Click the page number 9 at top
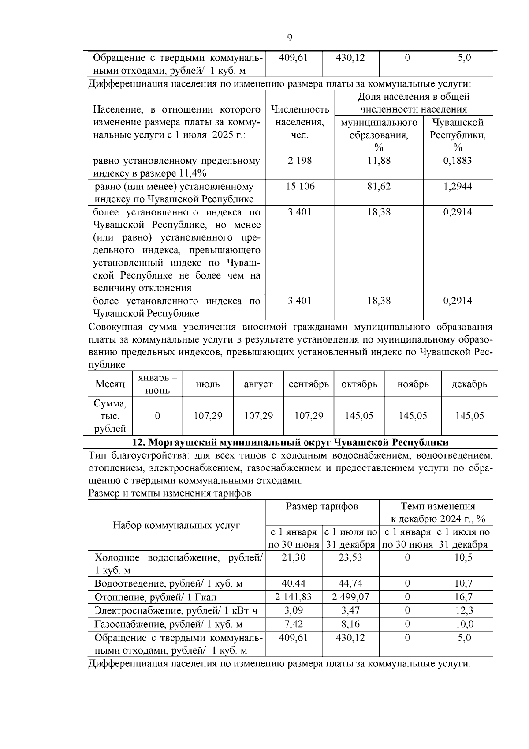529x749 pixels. [x=290, y=38]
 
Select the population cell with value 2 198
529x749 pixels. [x=300, y=161]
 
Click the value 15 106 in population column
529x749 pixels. [x=300, y=186]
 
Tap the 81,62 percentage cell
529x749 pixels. [x=379, y=186]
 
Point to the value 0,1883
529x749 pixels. [x=457, y=161]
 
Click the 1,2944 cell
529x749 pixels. [x=457, y=186]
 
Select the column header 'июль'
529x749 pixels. [x=208, y=384]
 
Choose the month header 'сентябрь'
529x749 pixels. [x=309, y=384]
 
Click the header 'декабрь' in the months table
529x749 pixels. [x=469, y=384]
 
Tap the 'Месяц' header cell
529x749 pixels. [x=110, y=384]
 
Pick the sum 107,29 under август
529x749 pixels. [x=258, y=416]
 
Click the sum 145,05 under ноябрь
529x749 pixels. [x=413, y=416]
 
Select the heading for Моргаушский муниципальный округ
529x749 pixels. [x=291, y=442]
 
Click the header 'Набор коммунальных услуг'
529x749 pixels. [x=176, y=525]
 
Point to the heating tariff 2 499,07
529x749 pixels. [x=350, y=597]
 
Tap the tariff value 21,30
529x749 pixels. [x=294, y=557]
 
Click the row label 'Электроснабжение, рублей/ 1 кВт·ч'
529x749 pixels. [x=176, y=611]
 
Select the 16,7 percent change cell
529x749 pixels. [x=464, y=597]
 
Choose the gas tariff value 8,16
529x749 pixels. [x=350, y=625]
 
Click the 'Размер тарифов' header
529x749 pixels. [x=322, y=506]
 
